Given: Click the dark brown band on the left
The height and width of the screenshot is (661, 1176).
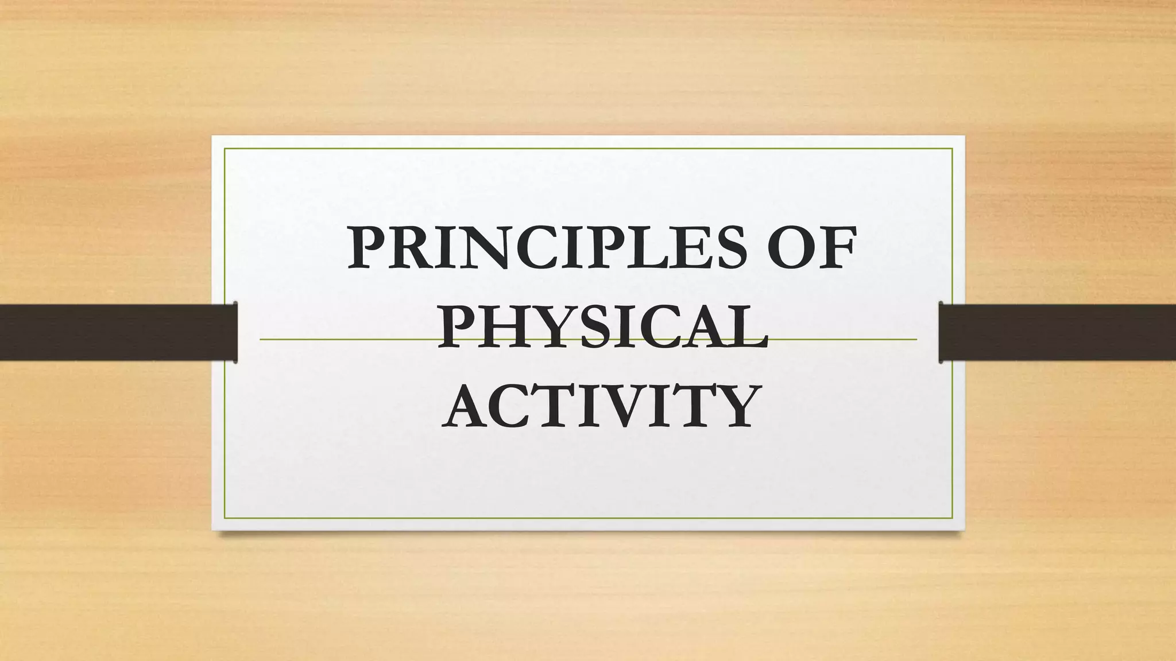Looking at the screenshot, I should (115, 332).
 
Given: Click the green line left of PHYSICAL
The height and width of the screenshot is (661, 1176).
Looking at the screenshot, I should (345, 339).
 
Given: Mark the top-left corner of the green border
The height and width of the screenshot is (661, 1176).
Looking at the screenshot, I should (225, 149).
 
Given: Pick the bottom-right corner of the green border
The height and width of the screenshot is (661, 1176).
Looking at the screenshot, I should (952, 518).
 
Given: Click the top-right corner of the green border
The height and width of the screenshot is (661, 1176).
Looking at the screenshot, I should (952, 149).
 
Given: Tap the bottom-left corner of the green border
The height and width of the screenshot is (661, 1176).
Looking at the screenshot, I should (225, 518).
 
